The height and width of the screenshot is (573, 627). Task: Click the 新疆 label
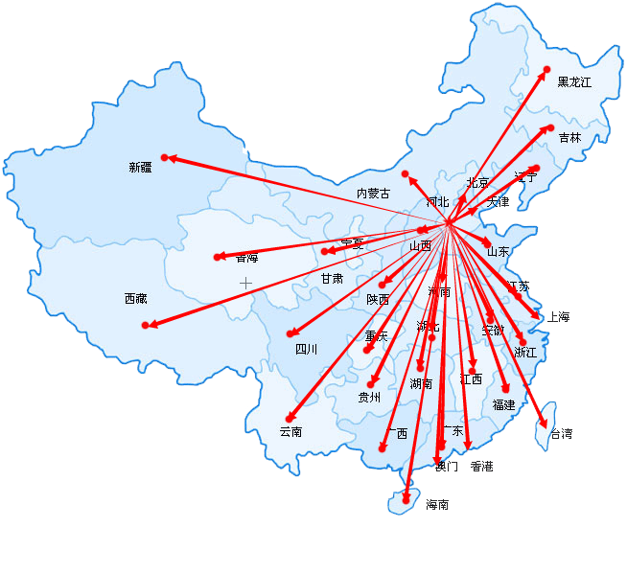tap(140, 168)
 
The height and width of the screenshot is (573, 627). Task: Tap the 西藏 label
tap(135, 299)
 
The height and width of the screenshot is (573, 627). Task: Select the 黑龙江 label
tap(574, 82)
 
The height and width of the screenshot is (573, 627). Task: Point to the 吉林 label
tap(569, 138)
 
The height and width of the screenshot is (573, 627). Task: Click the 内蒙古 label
tap(373, 194)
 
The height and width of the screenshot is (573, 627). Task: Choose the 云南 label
tap(290, 432)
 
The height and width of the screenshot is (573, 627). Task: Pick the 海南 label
tap(437, 505)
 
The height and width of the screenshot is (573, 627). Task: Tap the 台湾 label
tap(561, 434)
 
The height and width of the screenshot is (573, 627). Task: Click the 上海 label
tap(558, 317)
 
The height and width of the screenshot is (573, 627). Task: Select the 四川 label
tap(306, 350)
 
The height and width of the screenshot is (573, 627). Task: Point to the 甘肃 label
tap(332, 279)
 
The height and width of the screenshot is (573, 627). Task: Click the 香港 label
tap(481, 467)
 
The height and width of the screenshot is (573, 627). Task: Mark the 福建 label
tap(503, 405)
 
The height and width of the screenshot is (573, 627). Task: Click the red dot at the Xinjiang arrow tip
tap(165, 157)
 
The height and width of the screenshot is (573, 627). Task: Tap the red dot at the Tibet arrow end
tap(146, 326)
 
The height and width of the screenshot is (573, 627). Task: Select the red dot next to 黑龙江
tap(547, 69)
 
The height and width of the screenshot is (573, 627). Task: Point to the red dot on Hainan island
tap(406, 499)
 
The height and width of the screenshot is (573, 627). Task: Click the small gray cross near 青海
tap(245, 283)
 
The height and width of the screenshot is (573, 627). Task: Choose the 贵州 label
tap(369, 397)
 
